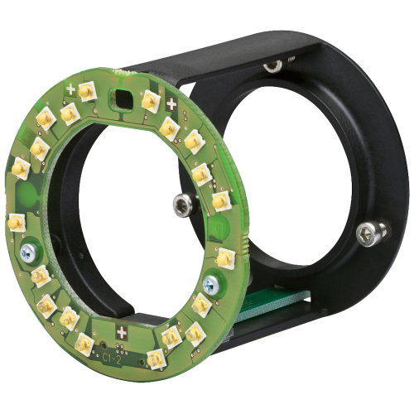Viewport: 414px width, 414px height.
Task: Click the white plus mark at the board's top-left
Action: click(x=72, y=89)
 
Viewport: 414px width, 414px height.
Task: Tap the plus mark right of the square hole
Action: click(x=171, y=103)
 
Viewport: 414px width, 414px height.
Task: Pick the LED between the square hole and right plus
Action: click(x=150, y=99)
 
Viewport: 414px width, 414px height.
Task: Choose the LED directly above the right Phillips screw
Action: click(x=224, y=255)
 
